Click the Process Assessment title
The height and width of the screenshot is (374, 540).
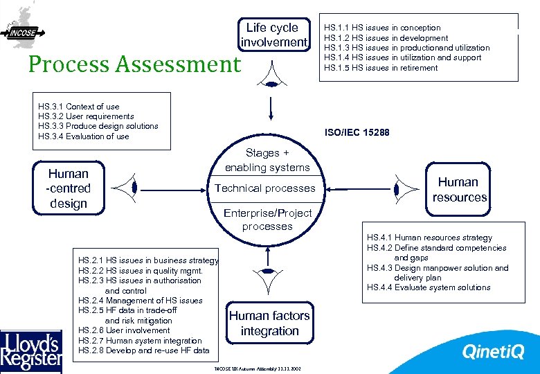point(134,64)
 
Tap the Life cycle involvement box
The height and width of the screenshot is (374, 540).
point(273,35)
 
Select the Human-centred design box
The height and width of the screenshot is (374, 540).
point(69,188)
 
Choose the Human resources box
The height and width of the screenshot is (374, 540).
point(459,189)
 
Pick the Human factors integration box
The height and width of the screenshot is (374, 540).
point(269,323)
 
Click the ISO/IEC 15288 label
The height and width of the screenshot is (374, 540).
point(357,132)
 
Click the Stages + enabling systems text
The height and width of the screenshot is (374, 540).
point(267,160)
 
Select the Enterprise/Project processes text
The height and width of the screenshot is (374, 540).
point(267,220)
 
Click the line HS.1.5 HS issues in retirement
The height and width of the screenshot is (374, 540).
point(381,68)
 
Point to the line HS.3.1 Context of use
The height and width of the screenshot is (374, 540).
point(79,107)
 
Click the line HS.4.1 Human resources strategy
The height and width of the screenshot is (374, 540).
point(429,238)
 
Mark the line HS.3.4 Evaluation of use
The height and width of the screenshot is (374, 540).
point(84,136)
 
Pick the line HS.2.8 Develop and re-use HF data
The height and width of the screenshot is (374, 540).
point(144,350)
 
